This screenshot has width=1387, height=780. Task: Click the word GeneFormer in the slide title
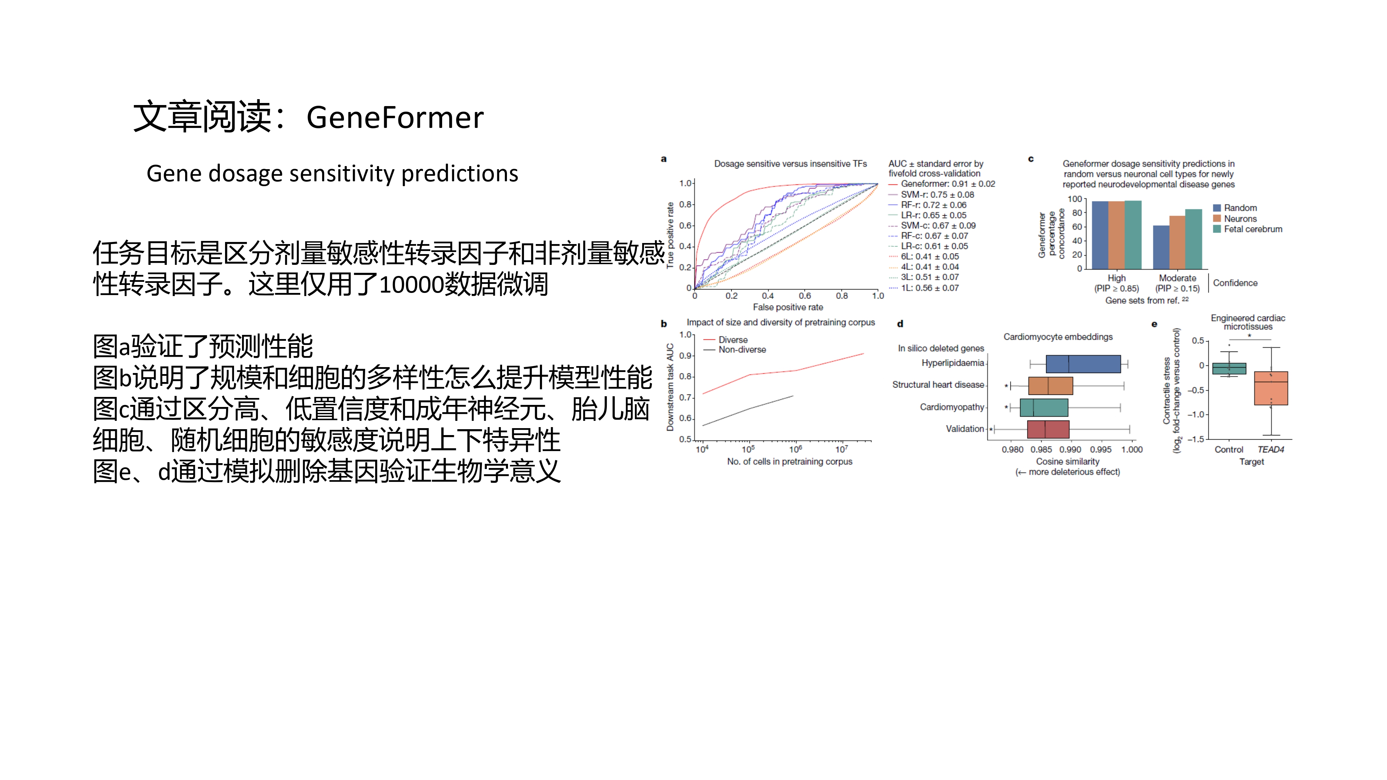(x=395, y=118)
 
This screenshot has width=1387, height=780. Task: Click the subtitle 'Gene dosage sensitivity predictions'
(x=332, y=173)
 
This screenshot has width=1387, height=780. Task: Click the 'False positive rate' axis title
(x=788, y=307)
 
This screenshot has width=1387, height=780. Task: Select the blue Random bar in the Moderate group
(x=1161, y=247)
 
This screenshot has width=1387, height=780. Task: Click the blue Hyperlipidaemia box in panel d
(x=1083, y=364)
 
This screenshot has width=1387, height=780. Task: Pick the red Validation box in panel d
(x=1048, y=429)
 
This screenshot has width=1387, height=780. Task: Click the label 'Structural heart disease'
(x=938, y=384)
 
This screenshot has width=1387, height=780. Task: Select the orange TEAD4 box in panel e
(x=1271, y=388)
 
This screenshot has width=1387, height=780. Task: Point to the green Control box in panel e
(x=1229, y=369)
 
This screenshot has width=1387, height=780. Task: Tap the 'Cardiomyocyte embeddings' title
(x=1058, y=337)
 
